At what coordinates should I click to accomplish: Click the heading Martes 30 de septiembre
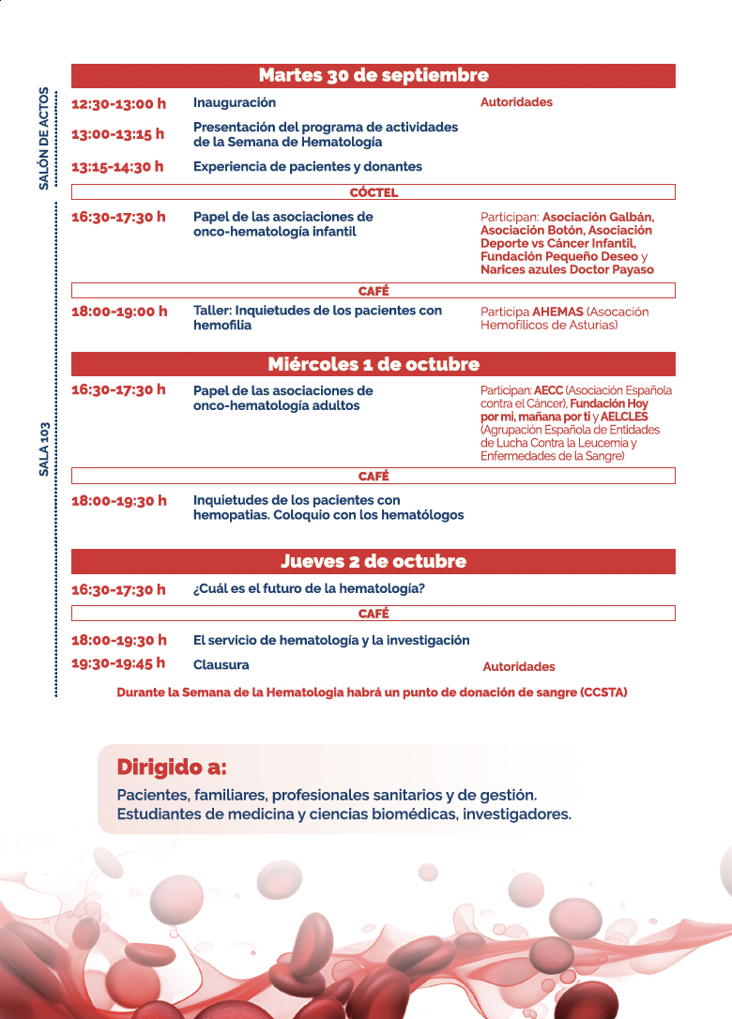[x=374, y=76]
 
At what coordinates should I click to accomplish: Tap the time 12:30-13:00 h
[x=118, y=103]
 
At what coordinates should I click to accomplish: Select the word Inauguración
[x=235, y=102]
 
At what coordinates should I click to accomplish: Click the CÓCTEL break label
[x=374, y=192]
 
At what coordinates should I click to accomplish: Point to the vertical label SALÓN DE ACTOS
[x=43, y=139]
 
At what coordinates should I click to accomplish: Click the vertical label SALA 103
[x=43, y=449]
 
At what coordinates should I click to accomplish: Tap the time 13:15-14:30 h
[x=117, y=167]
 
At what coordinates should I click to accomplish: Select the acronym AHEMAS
[x=557, y=312]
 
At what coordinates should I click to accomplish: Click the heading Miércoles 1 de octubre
[x=374, y=364]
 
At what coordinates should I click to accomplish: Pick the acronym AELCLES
[x=624, y=417]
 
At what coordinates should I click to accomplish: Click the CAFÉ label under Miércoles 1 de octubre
[x=374, y=476]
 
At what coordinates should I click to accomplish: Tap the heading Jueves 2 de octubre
[x=374, y=562]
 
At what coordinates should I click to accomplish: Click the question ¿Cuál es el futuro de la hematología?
[x=309, y=589]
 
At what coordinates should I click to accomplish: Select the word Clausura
[x=221, y=664]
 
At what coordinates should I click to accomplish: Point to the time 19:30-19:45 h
[x=118, y=663]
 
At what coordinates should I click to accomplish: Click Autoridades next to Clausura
[x=519, y=667]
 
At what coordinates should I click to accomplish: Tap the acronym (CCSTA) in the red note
[x=603, y=692]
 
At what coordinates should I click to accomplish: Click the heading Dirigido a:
[x=172, y=768]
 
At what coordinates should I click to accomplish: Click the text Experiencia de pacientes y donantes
[x=308, y=167]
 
